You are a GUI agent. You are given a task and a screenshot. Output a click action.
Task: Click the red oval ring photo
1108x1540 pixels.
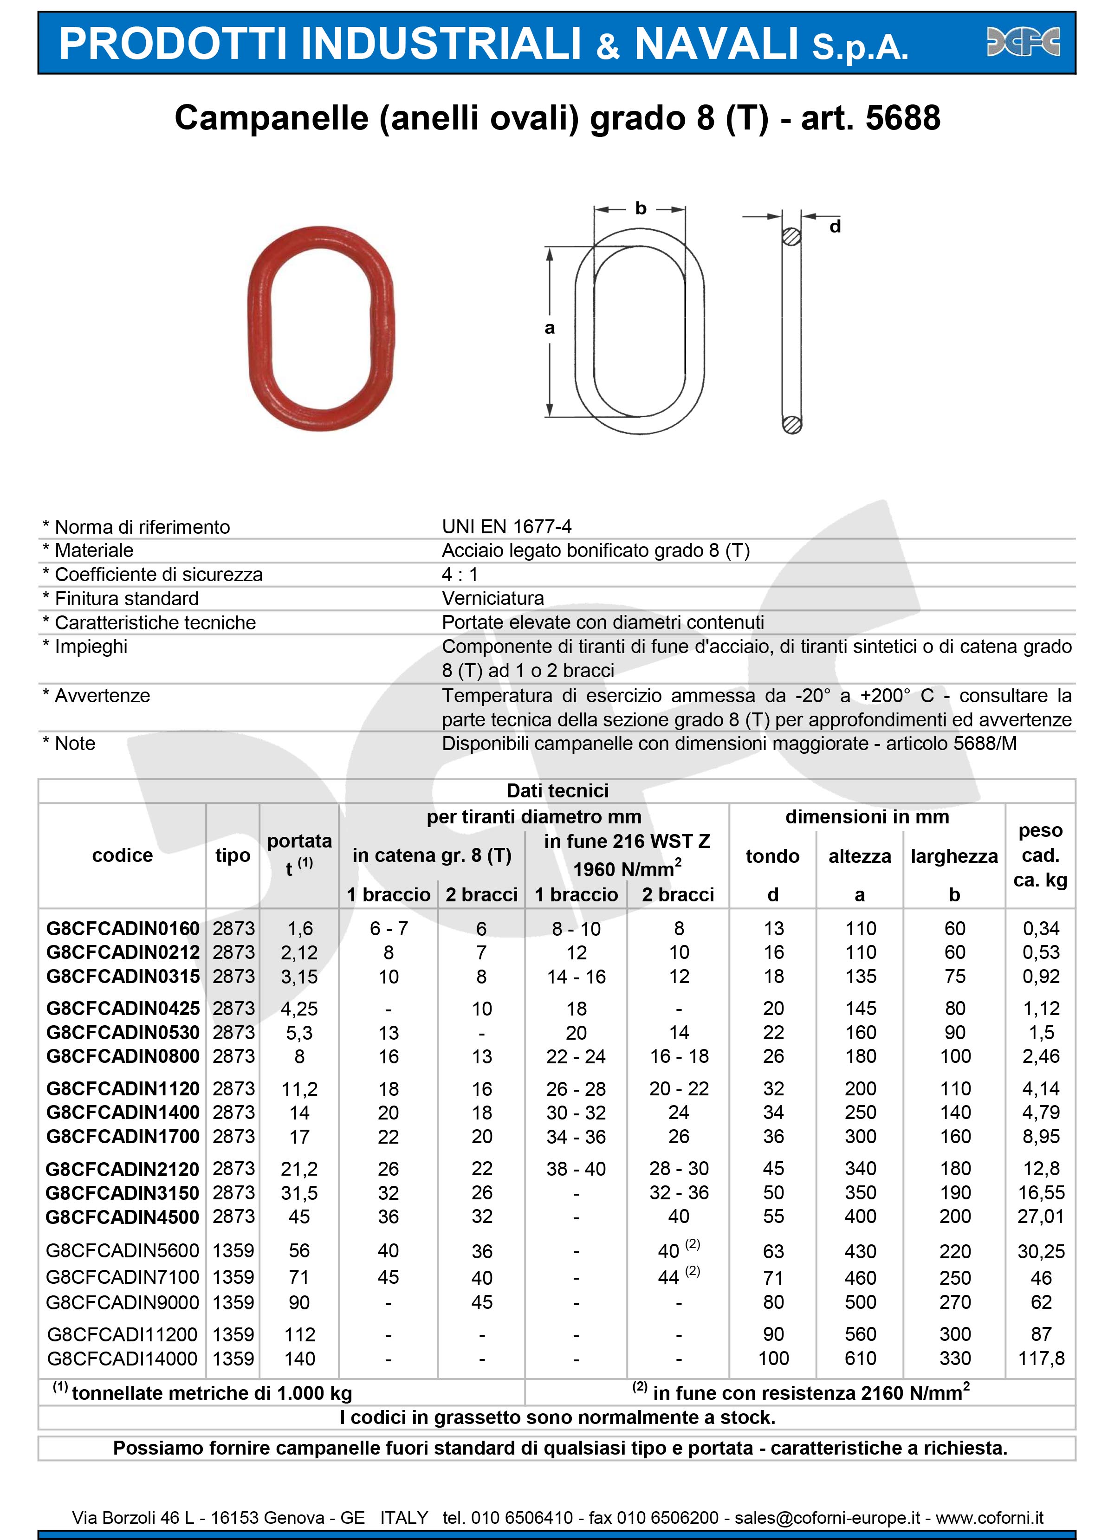[320, 328]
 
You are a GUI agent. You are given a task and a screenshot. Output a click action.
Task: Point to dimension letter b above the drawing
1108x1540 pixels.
[640, 208]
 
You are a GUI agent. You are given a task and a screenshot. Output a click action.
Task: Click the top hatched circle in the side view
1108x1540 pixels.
[791, 237]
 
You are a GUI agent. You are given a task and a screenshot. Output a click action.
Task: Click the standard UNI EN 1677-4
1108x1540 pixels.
[506, 527]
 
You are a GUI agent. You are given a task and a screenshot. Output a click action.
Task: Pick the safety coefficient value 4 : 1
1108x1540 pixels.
[460, 575]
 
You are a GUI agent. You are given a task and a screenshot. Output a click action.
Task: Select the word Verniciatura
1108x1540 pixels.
[493, 598]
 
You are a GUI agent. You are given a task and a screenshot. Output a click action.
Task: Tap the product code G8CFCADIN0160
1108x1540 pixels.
[123, 928]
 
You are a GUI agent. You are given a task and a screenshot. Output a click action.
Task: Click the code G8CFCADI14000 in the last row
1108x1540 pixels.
[122, 1358]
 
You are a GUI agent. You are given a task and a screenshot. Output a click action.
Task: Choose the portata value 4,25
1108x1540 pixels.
[299, 1008]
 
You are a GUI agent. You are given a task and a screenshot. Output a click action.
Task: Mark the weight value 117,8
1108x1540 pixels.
[1041, 1358]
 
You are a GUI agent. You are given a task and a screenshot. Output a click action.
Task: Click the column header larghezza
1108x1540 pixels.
[954, 856]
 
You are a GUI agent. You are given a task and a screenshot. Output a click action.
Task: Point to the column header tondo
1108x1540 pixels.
[772, 856]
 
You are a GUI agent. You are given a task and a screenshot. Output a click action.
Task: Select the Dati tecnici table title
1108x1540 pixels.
[557, 791]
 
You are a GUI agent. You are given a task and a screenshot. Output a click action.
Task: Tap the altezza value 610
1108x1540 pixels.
[860, 1358]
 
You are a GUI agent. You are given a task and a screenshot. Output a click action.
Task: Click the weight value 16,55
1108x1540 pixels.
[1041, 1192]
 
